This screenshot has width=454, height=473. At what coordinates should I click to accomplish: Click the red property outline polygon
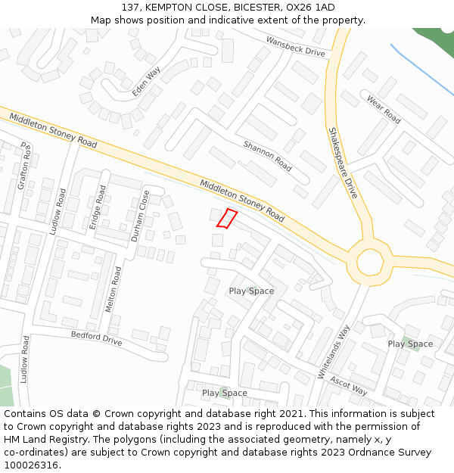(x=227, y=218)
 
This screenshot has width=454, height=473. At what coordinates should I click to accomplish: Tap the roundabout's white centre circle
(x=370, y=262)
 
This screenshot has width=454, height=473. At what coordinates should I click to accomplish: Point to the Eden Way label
(x=147, y=81)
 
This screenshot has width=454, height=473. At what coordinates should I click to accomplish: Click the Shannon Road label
(x=267, y=155)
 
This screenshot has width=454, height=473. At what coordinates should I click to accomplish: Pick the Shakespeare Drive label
(x=342, y=163)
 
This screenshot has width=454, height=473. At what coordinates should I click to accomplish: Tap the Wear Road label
(x=383, y=109)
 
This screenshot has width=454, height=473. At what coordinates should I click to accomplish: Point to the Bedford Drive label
(x=96, y=338)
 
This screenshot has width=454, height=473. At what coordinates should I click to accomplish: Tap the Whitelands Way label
(x=334, y=352)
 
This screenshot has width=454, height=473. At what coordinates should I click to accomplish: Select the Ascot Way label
(x=349, y=387)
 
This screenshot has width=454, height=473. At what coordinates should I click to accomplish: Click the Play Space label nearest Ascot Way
(x=224, y=393)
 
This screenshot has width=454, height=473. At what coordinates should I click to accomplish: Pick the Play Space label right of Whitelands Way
(x=410, y=344)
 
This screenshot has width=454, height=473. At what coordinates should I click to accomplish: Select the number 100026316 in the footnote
(x=30, y=465)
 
